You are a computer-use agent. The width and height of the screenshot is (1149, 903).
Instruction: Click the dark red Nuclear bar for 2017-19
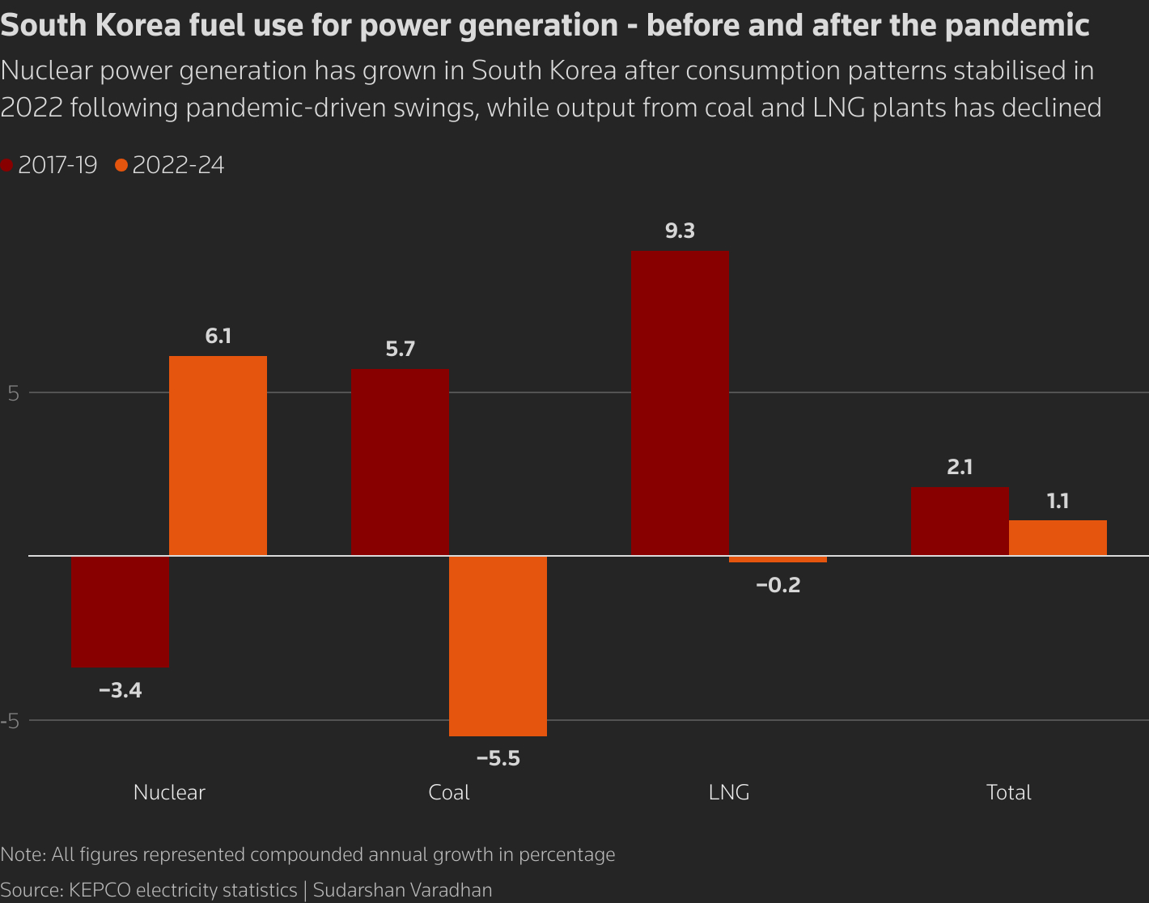120,612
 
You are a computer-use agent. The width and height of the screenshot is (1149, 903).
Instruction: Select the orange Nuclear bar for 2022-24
218,456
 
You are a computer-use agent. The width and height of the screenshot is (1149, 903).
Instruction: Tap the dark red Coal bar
400,462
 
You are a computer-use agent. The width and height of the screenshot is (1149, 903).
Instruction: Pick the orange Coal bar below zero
498,646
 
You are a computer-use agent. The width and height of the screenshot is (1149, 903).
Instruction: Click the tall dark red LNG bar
680,403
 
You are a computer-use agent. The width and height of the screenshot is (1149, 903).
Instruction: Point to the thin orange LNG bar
778,559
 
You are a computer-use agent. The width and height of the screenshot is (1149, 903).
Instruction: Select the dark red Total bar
960,521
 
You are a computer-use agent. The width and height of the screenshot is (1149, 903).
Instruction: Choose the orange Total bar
1058,538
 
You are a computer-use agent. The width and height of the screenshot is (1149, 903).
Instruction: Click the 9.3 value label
680,231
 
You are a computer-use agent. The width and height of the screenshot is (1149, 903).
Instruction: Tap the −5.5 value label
498,759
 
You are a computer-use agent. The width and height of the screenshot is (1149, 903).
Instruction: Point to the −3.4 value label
120,691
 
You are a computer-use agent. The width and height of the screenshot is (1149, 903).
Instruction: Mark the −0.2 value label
778,585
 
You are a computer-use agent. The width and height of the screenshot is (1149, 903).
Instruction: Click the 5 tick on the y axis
13,394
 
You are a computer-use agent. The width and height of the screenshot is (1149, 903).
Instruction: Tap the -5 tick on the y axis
10,721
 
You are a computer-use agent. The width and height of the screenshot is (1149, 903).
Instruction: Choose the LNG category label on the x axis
728,792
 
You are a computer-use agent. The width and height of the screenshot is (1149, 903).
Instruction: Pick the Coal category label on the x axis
448,792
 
